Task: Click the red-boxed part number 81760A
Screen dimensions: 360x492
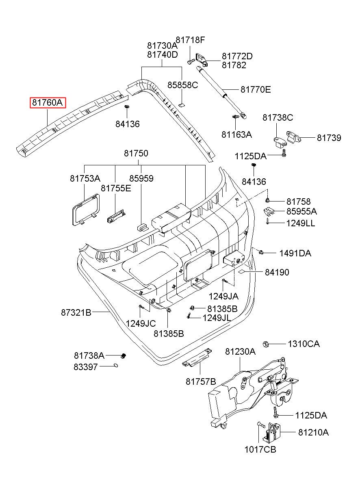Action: (x=48, y=102)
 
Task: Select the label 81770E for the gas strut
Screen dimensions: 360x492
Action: (x=256, y=90)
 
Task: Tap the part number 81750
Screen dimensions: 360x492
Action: (x=136, y=153)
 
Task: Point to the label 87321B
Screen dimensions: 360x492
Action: (x=76, y=312)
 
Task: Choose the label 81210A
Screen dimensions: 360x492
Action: (x=313, y=432)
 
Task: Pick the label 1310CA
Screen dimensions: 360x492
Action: (x=304, y=344)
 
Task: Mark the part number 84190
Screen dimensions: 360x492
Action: (x=277, y=272)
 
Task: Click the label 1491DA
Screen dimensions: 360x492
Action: (x=295, y=253)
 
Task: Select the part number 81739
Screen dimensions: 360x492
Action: (x=329, y=138)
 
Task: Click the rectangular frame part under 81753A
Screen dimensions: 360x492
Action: (x=86, y=210)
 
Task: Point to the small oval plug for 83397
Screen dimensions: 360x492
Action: (x=116, y=366)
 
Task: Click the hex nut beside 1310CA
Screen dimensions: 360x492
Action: (x=265, y=344)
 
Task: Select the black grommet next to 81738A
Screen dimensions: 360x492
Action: (x=124, y=355)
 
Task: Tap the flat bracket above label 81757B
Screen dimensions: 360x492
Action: (x=197, y=358)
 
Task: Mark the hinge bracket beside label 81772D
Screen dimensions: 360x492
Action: (x=202, y=60)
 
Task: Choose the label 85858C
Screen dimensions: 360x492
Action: (x=183, y=85)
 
